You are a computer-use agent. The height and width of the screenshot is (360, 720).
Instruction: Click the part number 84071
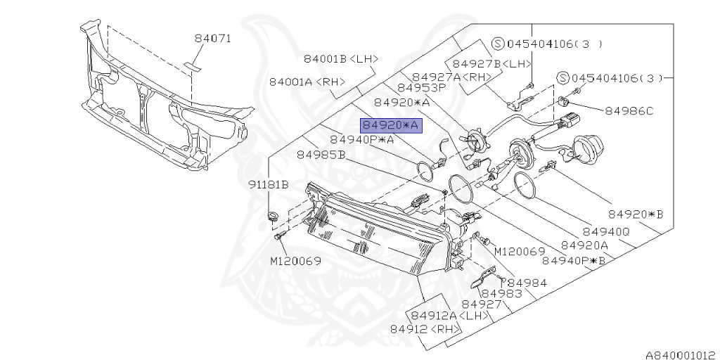212,39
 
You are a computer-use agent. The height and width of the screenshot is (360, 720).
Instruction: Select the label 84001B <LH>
341,59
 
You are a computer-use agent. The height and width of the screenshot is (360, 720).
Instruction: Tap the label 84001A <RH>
307,82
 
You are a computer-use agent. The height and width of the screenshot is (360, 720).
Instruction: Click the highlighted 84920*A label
390,126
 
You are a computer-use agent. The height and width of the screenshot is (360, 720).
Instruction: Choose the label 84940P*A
362,139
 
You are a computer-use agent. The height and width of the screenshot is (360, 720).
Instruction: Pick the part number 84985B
321,154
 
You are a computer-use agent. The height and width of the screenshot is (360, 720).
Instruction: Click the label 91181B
268,185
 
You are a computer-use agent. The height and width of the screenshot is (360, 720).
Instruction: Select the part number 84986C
630,110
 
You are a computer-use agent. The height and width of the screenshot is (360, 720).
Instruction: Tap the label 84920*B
636,213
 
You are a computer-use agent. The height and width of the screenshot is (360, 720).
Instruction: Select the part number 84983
502,293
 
